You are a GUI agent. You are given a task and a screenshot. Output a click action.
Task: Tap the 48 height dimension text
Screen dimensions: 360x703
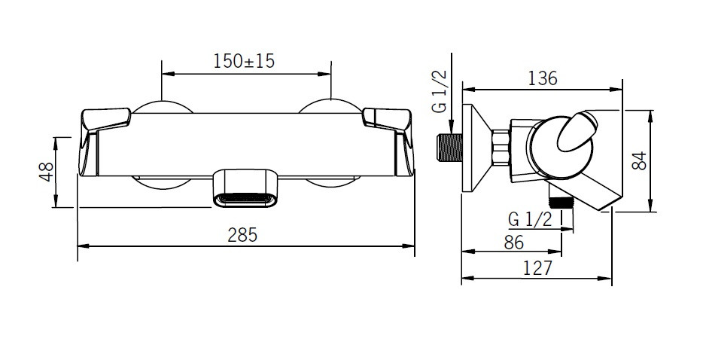click(46, 172)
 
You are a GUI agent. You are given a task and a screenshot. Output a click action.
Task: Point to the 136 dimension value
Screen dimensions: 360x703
click(541, 78)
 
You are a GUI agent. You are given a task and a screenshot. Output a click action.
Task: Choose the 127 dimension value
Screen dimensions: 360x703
click(537, 267)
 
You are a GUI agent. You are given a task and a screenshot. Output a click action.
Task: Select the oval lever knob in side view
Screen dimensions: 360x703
click(577, 134)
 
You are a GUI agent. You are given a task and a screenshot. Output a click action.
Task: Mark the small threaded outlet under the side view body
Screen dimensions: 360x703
click(559, 200)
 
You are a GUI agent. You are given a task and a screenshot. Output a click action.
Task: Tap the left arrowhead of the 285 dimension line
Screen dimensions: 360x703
click(83, 246)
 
